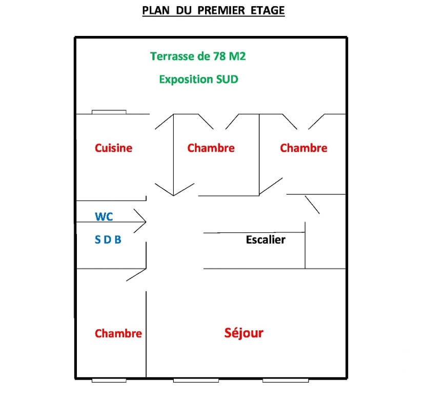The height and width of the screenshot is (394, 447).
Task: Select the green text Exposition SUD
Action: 198,80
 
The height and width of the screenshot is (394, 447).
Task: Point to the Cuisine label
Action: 113,148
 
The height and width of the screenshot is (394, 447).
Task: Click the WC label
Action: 104,216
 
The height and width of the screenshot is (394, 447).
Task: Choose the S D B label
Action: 108,240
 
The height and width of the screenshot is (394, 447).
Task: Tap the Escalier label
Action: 266,240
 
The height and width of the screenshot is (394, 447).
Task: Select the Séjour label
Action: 243,333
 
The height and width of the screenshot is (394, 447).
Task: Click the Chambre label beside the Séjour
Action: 118,333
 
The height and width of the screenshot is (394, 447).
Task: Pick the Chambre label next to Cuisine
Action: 211,148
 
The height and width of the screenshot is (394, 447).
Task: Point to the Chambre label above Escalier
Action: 303,148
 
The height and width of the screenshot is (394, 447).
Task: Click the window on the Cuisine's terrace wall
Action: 109,112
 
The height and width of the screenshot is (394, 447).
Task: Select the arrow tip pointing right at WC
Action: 146,222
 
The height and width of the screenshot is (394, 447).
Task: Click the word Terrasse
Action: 171,56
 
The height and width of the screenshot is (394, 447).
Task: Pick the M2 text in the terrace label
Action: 236,56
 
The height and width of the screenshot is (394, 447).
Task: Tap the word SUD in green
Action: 226,80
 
